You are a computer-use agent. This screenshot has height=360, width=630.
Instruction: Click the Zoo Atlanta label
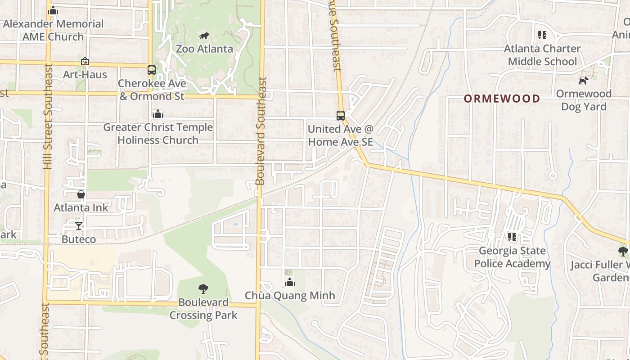click(x=204, y=49)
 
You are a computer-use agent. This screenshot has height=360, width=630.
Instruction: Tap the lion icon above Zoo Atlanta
click(x=204, y=36)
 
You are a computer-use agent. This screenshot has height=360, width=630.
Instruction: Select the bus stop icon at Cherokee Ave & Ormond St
click(x=152, y=70)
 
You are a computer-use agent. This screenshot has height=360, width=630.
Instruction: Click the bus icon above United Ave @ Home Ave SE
click(x=341, y=116)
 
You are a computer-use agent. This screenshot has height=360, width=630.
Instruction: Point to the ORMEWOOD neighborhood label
click(x=502, y=99)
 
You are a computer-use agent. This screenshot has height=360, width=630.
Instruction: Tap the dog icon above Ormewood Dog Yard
click(x=583, y=81)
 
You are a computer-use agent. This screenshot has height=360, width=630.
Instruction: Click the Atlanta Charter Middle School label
click(x=542, y=55)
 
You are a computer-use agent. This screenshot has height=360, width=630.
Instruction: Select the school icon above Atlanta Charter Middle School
click(x=542, y=35)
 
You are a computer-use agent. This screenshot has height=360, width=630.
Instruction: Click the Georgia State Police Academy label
click(x=512, y=257)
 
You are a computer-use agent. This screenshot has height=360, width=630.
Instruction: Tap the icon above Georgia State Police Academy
click(x=512, y=237)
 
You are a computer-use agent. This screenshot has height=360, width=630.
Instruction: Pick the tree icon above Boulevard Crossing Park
click(x=203, y=288)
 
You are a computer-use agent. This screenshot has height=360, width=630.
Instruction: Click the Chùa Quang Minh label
click(x=290, y=296)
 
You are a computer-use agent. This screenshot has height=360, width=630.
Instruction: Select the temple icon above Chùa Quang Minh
click(x=290, y=282)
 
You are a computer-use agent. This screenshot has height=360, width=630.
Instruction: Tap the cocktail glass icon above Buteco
click(x=79, y=226)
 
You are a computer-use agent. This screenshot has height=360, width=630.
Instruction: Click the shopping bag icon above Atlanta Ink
click(x=81, y=194)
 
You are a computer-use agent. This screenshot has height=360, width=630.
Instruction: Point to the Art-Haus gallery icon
click(x=85, y=61)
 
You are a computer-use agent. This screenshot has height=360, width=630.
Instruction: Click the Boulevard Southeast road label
click(x=261, y=130)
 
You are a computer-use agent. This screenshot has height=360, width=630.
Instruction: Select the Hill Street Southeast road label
click(x=48, y=117)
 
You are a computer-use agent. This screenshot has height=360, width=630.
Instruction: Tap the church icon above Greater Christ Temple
click(x=157, y=114)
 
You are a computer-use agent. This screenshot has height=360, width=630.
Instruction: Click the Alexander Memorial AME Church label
click(x=53, y=30)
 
